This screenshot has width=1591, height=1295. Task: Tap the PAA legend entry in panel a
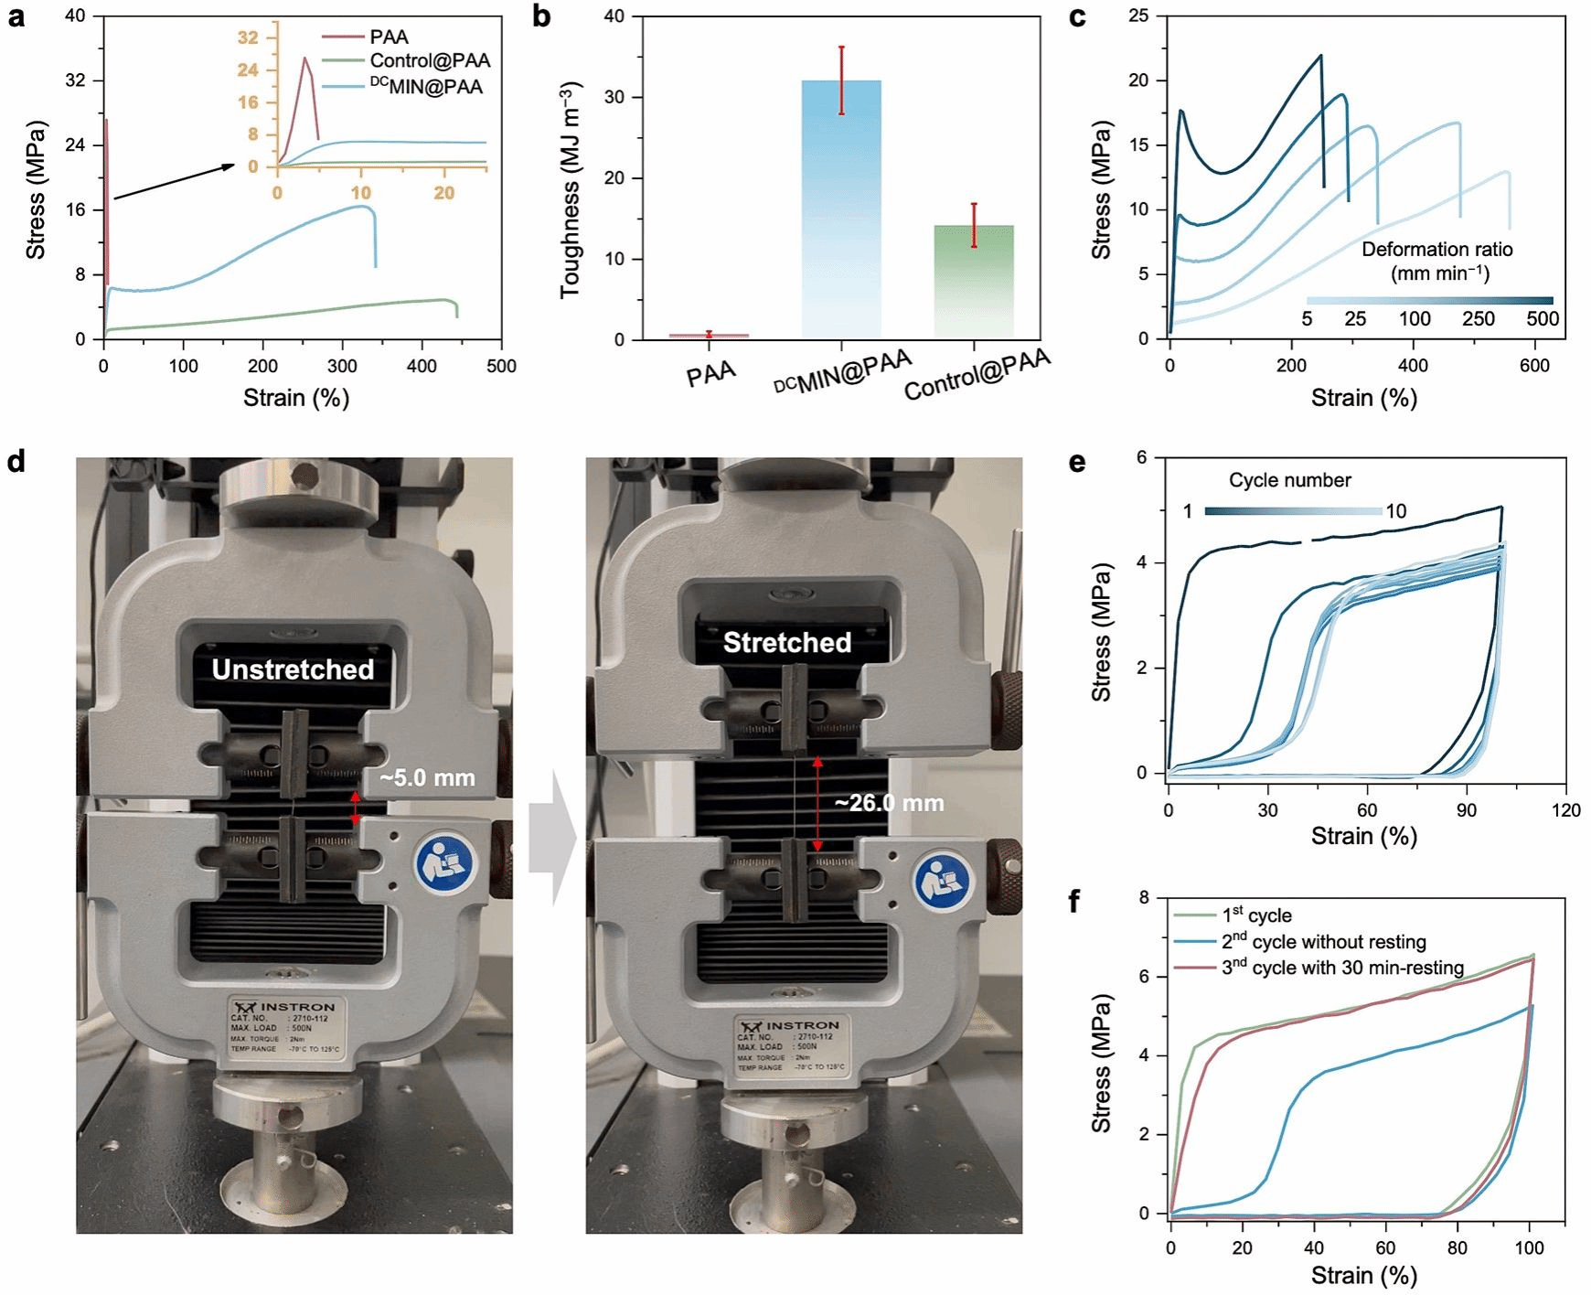click(x=389, y=37)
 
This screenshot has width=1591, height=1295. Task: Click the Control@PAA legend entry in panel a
click(x=430, y=61)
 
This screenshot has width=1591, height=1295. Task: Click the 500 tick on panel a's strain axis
click(x=501, y=366)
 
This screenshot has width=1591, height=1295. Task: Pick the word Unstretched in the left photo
click(x=293, y=669)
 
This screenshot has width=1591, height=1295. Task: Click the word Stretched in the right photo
click(x=786, y=643)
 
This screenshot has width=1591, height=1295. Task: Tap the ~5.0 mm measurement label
click(x=427, y=778)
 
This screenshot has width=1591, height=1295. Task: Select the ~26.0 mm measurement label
click(x=889, y=803)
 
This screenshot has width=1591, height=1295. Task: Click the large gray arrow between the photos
click(x=551, y=837)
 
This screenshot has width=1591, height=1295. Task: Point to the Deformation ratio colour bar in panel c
click(x=1429, y=301)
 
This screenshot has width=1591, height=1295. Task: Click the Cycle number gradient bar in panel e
click(x=1293, y=511)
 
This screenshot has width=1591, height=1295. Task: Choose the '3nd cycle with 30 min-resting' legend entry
click(x=1342, y=968)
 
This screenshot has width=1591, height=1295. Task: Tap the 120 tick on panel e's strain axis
click(x=1565, y=809)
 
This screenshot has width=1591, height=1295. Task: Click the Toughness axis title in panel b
click(x=571, y=189)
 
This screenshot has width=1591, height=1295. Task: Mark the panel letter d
click(x=16, y=461)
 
